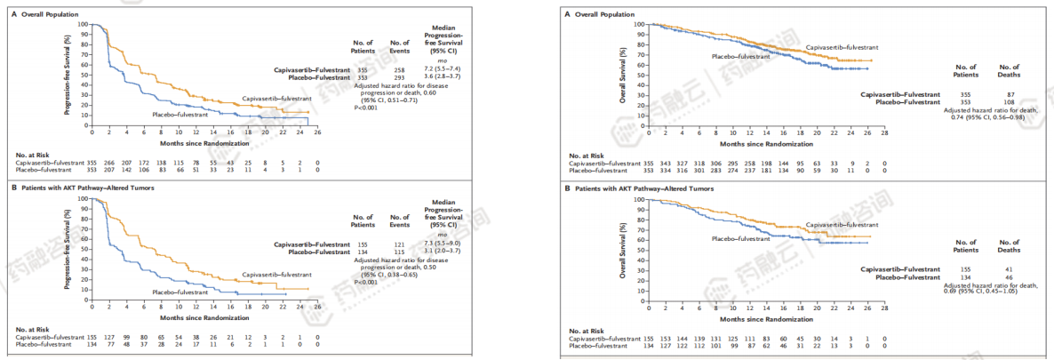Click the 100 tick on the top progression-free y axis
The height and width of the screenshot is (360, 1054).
(x=83, y=26)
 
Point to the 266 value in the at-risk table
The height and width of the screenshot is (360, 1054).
(x=108, y=164)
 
